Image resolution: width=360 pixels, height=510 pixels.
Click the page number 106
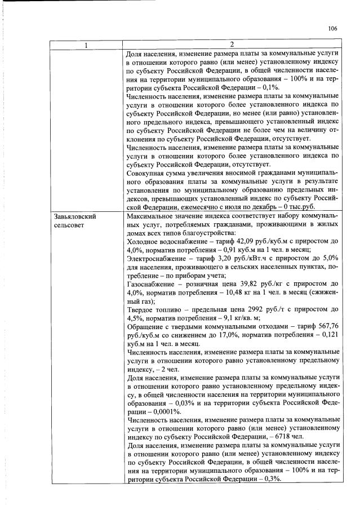click(x=332, y=28)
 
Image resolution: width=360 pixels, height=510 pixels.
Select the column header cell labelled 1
click(x=87, y=45)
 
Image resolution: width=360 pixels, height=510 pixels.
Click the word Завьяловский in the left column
click(x=76, y=216)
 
